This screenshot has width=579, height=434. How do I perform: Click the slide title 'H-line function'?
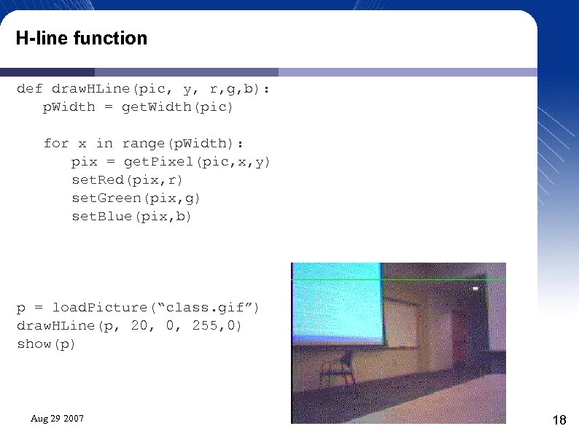(x=82, y=38)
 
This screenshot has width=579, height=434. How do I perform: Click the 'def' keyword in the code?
(x=30, y=89)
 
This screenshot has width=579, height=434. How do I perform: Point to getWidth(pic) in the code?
(x=177, y=107)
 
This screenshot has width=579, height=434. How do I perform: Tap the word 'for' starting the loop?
(x=56, y=144)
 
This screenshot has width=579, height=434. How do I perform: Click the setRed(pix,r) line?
(x=128, y=179)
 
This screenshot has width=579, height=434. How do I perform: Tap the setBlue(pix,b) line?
(x=132, y=216)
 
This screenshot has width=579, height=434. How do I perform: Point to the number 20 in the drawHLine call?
(x=139, y=325)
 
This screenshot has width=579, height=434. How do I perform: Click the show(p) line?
(x=47, y=344)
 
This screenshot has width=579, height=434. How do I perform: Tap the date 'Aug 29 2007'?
(x=57, y=419)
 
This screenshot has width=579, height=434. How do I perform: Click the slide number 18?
(x=560, y=420)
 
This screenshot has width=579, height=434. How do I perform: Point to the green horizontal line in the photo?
(x=397, y=279)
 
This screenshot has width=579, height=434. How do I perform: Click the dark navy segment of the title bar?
(x=47, y=72)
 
